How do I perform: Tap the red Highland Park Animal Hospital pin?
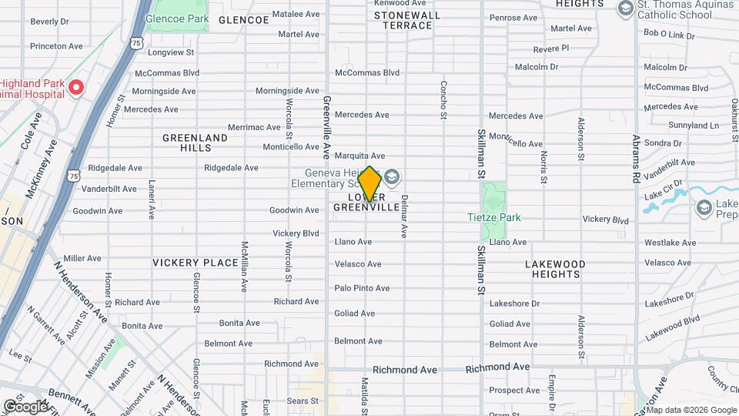(75, 87)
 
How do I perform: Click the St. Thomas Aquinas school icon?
(625, 8)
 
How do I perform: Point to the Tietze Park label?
(493, 217)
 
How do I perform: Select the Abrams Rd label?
(636, 158)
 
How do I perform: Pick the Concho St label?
(443, 100)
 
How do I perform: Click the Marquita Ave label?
(359, 156)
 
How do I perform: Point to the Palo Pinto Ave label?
(362, 288)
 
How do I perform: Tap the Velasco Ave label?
(358, 264)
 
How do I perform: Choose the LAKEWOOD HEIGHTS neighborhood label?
(555, 269)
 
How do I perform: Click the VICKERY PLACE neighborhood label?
(196, 263)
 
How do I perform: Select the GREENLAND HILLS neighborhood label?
(195, 143)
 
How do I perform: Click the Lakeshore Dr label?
(515, 304)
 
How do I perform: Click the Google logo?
(25, 406)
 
